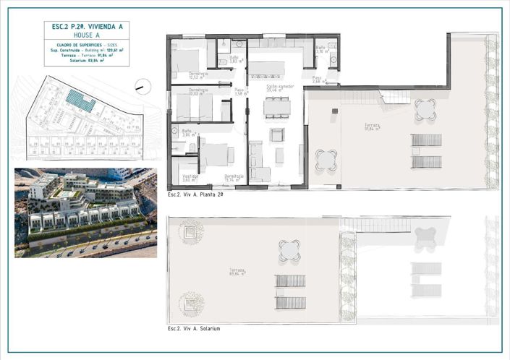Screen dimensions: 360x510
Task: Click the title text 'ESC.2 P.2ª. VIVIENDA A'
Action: tap(87, 27)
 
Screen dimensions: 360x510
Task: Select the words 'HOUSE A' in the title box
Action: tap(87, 35)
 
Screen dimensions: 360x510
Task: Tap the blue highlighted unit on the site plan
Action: tap(80, 100)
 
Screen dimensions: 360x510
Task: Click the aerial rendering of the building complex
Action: tap(85, 213)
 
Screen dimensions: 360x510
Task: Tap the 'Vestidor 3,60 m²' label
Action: tap(190, 178)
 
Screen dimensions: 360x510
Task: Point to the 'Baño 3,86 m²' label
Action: tap(189, 133)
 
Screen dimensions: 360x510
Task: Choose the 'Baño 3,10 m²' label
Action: tap(321, 49)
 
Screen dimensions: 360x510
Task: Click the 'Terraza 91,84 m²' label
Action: tap(373, 127)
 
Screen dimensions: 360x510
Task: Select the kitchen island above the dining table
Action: tap(267, 69)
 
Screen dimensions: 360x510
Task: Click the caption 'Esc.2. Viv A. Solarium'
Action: tap(193, 328)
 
